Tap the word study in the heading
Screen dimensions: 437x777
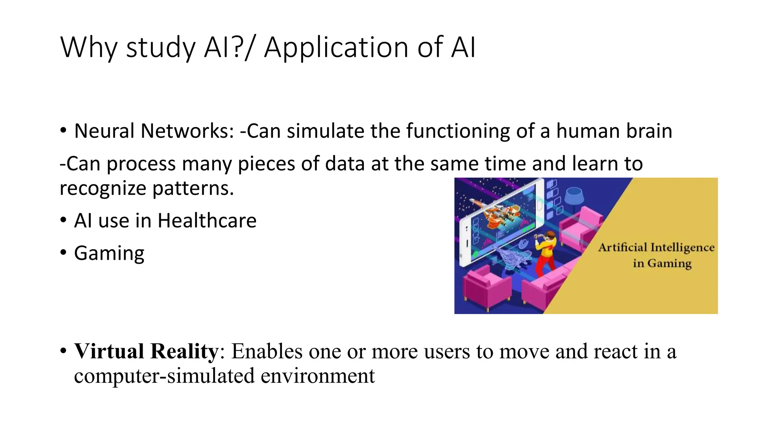point(160,48)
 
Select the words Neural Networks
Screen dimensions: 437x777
point(154,131)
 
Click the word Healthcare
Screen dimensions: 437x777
point(207,221)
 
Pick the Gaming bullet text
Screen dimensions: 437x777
point(109,253)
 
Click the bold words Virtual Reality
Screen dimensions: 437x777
point(146,351)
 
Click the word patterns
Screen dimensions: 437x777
point(193,189)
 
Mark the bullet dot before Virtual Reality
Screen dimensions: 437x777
point(63,352)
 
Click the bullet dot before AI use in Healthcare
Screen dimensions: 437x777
point(63,220)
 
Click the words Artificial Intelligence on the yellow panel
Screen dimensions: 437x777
point(656,248)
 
